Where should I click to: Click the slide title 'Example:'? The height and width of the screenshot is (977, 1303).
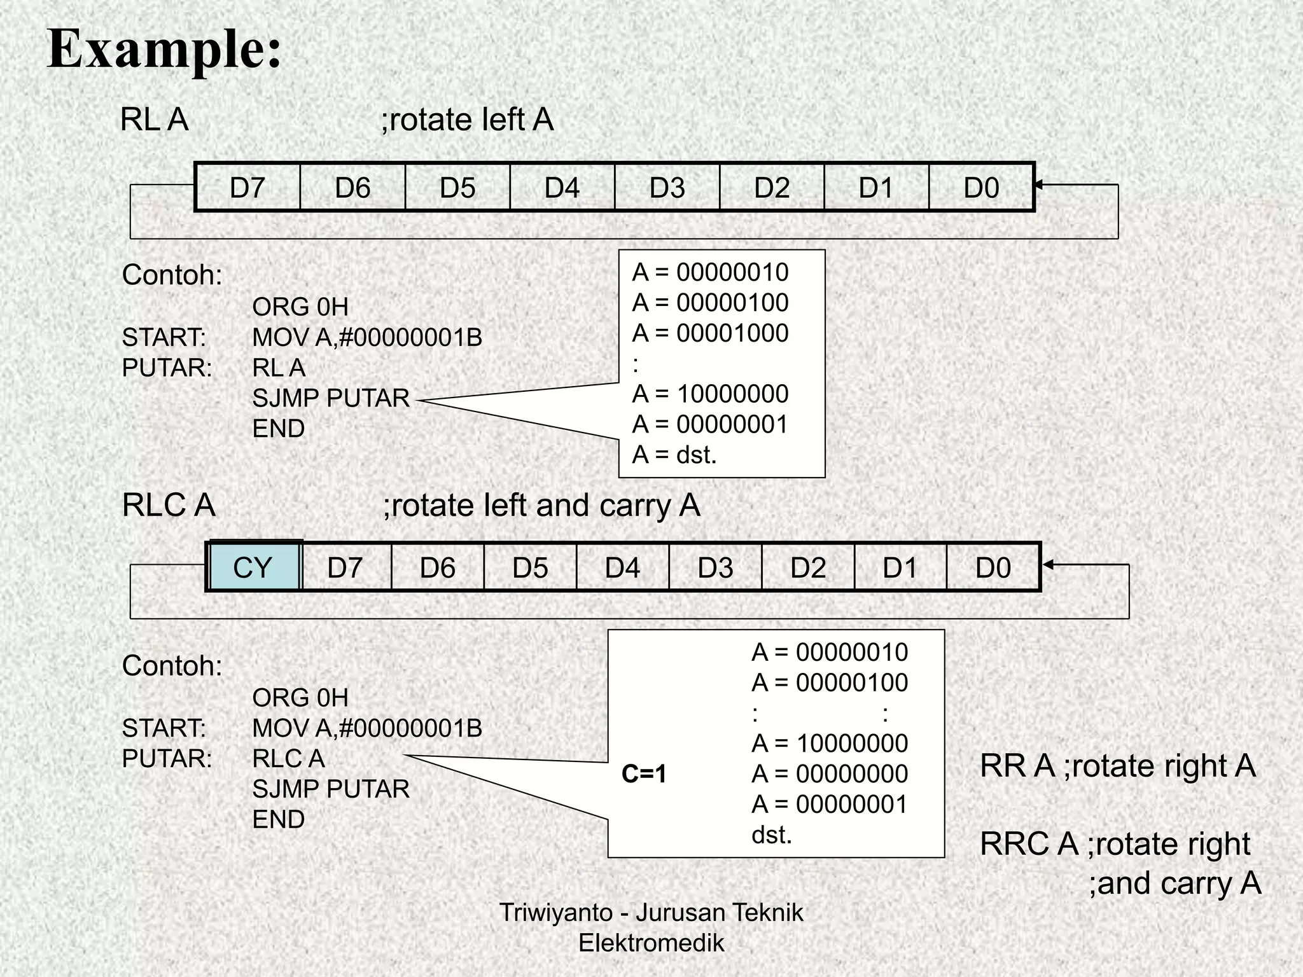pos(164,50)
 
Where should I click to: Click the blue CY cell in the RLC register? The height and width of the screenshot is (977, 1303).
pos(253,567)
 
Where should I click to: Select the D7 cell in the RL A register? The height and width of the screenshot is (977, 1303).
pos(247,188)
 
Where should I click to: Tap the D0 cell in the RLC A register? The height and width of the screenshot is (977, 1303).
pos(993,567)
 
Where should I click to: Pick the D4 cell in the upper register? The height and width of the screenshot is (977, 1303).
pos(562,188)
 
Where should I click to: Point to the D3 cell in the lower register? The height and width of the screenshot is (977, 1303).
pos(715,567)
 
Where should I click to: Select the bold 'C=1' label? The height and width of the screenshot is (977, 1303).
pos(644,774)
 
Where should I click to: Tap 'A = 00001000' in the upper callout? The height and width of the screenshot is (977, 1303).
pos(710,333)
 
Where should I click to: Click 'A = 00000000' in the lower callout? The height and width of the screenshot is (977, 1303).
pos(830,774)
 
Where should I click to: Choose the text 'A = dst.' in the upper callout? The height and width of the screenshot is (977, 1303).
pos(674,455)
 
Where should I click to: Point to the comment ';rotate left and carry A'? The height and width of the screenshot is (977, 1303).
pos(541,506)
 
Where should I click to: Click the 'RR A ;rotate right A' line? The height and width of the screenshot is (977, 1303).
pos(1118,766)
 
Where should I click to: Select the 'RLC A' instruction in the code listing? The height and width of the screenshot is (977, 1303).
pos(288,758)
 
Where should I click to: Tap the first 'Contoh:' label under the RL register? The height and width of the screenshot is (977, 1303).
pos(172,275)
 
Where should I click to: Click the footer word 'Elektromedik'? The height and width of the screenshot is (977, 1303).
pos(651,943)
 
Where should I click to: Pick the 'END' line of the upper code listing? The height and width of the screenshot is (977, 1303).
pos(279,429)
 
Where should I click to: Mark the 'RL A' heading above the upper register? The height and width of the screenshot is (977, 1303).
pos(155,120)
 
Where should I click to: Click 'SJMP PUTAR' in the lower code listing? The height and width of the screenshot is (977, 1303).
pos(331,789)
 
